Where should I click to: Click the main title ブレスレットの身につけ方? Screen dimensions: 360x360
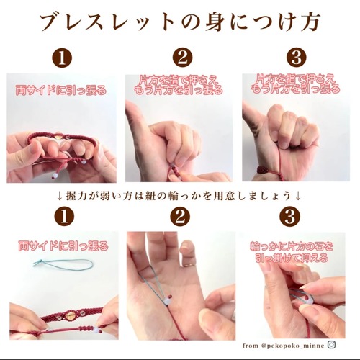point(179,23)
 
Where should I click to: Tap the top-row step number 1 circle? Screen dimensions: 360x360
point(62,58)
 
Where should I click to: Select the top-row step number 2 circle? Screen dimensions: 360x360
point(182,58)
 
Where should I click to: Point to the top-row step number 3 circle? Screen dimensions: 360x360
point(297,58)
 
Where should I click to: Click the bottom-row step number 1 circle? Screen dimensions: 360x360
point(64,217)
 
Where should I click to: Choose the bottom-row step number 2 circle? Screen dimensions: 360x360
point(180,217)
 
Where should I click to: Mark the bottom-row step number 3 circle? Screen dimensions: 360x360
point(290,217)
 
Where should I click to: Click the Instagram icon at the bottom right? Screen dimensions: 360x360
point(331,345)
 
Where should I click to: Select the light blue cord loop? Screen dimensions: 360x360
point(63,264)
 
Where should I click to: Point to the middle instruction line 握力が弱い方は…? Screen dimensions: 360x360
point(179,197)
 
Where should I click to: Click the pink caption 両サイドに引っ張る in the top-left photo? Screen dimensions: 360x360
point(60,91)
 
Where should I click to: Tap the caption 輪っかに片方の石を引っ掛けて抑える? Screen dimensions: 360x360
point(292,253)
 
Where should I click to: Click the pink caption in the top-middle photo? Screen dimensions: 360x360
point(179,85)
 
